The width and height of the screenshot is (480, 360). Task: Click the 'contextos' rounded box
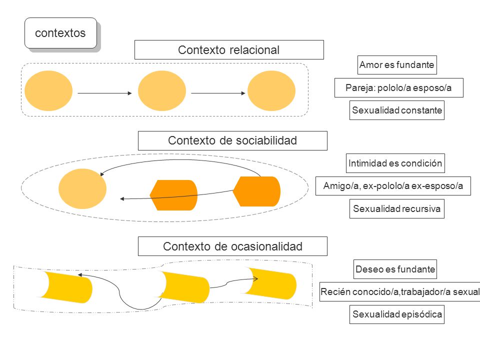coord(60,33)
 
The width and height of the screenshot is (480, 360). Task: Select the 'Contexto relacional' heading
coord(229,49)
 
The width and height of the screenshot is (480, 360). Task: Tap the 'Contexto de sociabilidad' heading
coord(232,140)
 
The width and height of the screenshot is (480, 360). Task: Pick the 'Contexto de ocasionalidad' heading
coord(232,246)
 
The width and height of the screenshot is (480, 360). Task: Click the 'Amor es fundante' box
coord(397,65)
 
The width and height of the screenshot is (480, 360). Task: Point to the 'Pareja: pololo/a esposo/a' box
coord(399,88)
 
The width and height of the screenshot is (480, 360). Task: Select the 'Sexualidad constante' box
coord(397,110)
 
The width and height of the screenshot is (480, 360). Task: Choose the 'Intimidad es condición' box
coord(395,163)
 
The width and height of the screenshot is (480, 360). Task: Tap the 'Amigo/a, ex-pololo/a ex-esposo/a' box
coord(393,186)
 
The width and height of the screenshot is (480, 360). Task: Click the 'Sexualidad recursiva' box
coord(397,209)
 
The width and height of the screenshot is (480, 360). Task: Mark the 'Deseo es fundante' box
coord(395,269)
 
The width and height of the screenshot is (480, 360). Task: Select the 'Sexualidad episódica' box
coord(397,314)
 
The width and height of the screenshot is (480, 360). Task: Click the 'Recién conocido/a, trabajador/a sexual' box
coord(400,291)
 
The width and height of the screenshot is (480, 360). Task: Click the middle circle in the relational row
coord(162,90)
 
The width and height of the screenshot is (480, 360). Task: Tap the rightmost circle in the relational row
coord(271,90)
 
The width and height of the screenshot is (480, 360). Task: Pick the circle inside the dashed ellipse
coord(82,189)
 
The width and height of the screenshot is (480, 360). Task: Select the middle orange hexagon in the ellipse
coord(173,195)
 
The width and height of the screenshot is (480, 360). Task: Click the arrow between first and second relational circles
coord(104,93)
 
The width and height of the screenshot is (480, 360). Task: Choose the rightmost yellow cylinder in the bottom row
coord(270,283)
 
